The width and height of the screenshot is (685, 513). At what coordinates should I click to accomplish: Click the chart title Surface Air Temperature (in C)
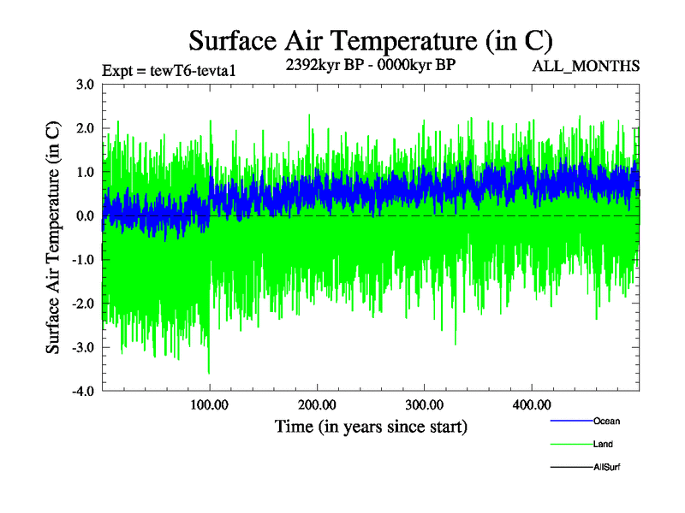tap(370, 40)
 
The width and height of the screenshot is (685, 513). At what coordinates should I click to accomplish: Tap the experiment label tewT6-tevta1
tap(168, 70)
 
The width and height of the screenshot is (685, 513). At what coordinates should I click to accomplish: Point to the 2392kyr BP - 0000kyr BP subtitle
tap(370, 64)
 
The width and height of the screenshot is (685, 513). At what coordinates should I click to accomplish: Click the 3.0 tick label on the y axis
tap(85, 85)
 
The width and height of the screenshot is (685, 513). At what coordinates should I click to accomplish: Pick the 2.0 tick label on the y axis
tap(85, 128)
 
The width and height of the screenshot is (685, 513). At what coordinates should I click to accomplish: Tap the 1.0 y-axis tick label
tap(85, 172)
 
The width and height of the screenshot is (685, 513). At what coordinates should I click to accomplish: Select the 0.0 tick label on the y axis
tap(85, 216)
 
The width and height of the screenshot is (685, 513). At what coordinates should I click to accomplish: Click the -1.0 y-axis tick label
tap(83, 260)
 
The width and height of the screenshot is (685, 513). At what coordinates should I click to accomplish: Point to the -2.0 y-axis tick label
tap(83, 304)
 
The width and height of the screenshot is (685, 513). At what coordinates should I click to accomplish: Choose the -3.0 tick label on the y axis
tap(83, 347)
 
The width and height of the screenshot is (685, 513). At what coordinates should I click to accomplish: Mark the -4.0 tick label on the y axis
tap(83, 392)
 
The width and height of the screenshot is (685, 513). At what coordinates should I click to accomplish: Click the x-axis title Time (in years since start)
tap(371, 426)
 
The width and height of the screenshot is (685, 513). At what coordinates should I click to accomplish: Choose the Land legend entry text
tap(603, 444)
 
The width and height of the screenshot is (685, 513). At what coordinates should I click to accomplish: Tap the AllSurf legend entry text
tap(607, 467)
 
